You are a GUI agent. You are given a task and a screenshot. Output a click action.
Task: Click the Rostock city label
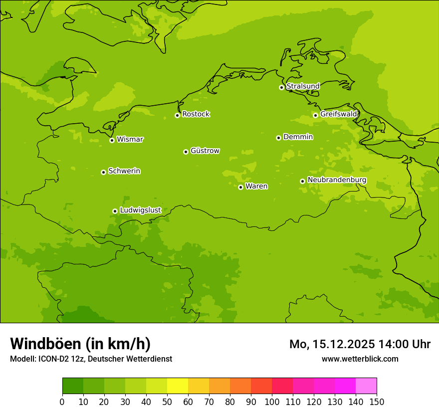click(196, 114)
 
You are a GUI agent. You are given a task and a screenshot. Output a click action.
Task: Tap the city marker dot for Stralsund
click(281, 87)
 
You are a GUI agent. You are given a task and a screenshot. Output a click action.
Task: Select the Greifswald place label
click(338, 114)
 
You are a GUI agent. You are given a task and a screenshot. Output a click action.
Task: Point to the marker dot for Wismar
click(112, 140)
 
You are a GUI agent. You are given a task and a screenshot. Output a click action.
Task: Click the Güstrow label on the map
click(205, 151)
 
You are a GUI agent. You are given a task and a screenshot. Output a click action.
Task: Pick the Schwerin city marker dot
click(103, 172)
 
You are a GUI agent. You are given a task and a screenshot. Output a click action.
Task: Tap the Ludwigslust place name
click(140, 210)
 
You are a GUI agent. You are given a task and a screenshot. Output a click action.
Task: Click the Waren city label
click(256, 187)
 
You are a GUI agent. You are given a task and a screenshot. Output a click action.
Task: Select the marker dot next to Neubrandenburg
click(302, 181)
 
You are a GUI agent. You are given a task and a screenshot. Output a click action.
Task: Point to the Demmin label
click(298, 137)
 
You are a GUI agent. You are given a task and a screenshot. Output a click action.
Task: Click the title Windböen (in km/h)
click(80, 344)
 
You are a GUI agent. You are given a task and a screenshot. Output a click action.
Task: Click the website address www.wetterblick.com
click(360, 359)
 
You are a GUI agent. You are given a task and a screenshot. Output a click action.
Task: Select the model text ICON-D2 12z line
click(91, 359)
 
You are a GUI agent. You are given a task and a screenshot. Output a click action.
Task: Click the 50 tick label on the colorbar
click(167, 402)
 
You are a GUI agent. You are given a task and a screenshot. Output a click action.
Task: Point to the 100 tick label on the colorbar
click(272, 402)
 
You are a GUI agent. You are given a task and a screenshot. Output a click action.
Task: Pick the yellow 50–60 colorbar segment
click(178, 386)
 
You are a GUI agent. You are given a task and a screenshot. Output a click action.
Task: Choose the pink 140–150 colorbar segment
click(366, 386)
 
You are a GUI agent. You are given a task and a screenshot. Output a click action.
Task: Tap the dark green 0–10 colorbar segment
click(73, 386)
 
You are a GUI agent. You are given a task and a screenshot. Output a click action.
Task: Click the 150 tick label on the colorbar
click(377, 402)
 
